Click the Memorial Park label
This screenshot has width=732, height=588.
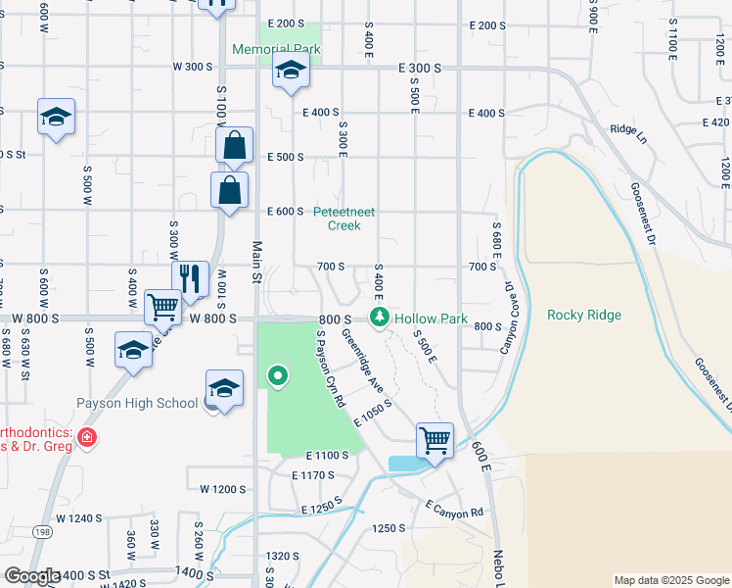(x=276, y=49)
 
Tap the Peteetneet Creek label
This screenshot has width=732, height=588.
(x=343, y=219)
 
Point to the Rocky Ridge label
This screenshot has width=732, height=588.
(x=583, y=315)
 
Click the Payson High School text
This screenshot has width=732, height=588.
(x=137, y=403)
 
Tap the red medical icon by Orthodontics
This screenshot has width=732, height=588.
(x=87, y=437)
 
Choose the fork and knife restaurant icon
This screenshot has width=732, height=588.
(x=190, y=277)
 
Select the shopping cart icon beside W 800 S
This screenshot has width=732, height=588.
(x=162, y=306)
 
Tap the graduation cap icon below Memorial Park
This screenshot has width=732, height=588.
(x=291, y=71)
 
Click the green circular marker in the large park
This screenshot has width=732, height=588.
(x=278, y=375)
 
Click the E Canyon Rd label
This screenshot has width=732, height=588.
(x=454, y=508)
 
